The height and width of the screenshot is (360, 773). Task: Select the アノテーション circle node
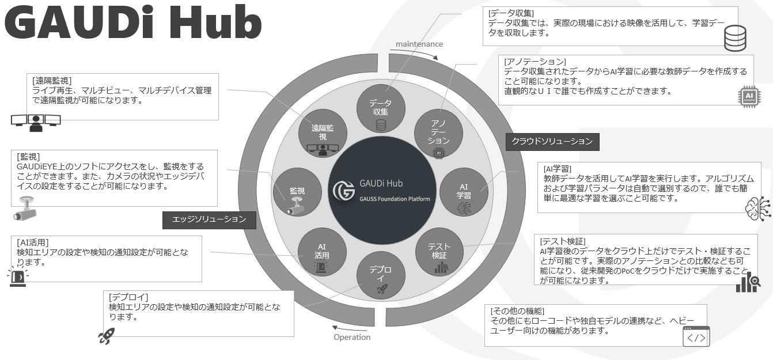pos(438,134)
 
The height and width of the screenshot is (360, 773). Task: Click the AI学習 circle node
pos(464,192)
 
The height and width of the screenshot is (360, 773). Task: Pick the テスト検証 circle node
pos(439,252)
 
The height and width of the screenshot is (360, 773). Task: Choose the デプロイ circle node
pos(380,275)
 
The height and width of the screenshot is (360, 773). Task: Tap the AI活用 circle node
pos(322,252)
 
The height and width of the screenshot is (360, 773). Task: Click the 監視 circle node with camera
pos(297,192)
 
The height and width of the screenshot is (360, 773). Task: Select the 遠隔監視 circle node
pos(323,134)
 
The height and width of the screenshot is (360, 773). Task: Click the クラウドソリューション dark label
pos(552,141)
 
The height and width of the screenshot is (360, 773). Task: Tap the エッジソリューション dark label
pos(209,219)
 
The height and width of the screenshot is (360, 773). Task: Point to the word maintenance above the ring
pos(419,44)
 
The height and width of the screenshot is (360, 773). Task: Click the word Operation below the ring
pos(352,337)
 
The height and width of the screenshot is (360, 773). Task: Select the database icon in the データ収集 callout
pos(734,37)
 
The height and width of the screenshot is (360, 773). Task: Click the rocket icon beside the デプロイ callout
pos(106,335)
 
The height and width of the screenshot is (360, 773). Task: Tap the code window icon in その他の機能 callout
pos(696,336)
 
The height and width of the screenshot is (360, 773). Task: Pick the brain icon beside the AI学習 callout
pos(757,209)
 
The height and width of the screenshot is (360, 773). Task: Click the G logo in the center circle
pos(344,191)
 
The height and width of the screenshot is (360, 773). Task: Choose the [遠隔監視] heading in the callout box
pos(52,81)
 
